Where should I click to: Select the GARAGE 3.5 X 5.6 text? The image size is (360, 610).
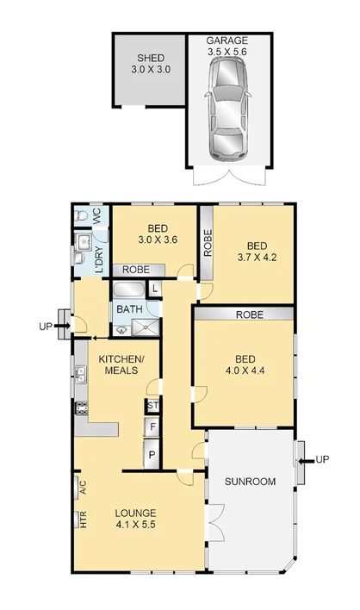coord(227,46)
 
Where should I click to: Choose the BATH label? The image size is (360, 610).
coord(129,308)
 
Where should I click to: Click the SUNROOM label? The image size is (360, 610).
coord(251,482)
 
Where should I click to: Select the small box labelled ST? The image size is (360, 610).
coord(152,406)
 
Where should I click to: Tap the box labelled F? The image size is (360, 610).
coord(152,427)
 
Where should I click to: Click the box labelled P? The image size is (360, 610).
coord(152,455)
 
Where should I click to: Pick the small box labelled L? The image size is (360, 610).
coord(154,289)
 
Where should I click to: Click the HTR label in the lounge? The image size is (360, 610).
coord(84,520)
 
